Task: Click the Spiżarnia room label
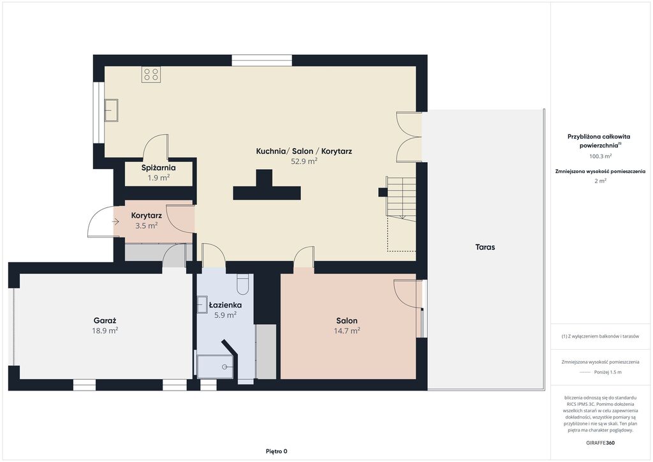(158, 168)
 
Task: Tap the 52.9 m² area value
(304, 161)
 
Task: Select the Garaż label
(105, 320)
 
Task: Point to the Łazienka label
(225, 305)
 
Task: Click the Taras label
(485, 247)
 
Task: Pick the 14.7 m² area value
(347, 331)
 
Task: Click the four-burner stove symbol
(151, 75)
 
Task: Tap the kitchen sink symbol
(111, 110)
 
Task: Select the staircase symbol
(401, 197)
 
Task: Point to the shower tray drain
(225, 366)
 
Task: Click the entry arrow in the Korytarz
(116, 222)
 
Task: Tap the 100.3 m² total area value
(600, 156)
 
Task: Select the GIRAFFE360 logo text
(600, 443)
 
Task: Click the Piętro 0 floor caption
(277, 451)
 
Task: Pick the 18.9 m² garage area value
(105, 331)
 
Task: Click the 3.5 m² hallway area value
(146, 226)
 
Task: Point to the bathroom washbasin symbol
(202, 304)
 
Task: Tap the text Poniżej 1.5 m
(608, 372)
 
